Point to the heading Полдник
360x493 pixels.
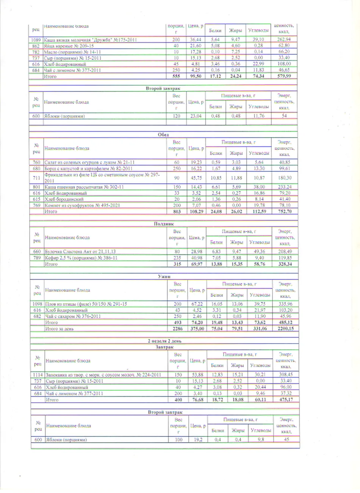pyautogui.click(x=164, y=224)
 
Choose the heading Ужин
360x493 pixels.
pyautogui.click(x=164, y=277)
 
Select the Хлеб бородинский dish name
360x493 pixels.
pyautogui.click(x=64, y=199)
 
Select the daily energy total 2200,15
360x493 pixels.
pyautogui.click(x=285, y=328)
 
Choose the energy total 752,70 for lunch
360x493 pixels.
pyautogui.click(x=284, y=211)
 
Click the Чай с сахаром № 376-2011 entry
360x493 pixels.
pyautogui.click(x=73, y=316)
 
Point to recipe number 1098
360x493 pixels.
pyautogui.click(x=37, y=304)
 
